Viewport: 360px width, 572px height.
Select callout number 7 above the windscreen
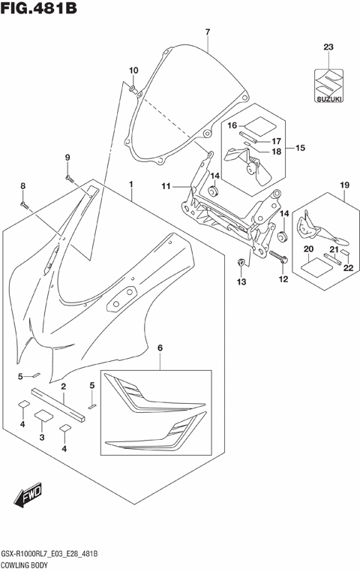point(207,32)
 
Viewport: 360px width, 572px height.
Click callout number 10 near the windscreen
point(133,71)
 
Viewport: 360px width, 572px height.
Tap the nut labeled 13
point(241,262)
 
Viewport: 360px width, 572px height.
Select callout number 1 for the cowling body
point(130,183)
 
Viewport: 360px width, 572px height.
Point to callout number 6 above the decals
point(160,348)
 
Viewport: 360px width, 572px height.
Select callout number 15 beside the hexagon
point(299,148)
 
